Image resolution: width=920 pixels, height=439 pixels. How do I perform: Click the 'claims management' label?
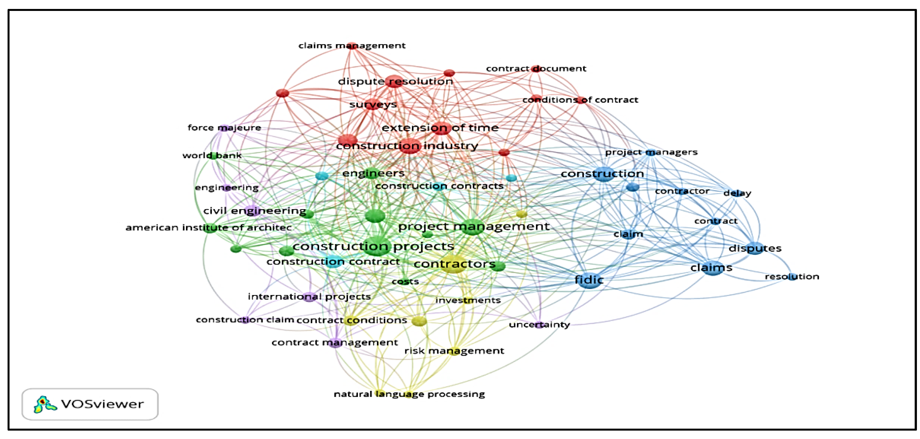[x=352, y=46]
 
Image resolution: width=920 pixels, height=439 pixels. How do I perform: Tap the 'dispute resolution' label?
[x=395, y=81]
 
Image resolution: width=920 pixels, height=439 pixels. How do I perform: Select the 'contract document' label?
[x=536, y=69]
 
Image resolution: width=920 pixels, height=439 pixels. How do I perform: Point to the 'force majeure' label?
[x=224, y=128]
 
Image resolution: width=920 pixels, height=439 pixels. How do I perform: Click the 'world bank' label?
[x=212, y=156]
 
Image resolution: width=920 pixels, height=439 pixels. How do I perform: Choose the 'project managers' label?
[x=651, y=152]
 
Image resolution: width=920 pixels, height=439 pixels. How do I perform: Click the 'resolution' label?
[x=792, y=277]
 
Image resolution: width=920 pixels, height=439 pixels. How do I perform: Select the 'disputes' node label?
[x=755, y=248]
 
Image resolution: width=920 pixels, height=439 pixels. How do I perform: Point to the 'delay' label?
[x=737, y=193]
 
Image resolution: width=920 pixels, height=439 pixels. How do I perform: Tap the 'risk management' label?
[x=454, y=351]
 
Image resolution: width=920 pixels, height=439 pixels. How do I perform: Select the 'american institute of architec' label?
[x=209, y=228]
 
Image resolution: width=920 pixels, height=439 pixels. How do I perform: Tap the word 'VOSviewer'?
[x=103, y=404]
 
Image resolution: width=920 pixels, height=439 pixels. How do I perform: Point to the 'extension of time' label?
[x=440, y=128]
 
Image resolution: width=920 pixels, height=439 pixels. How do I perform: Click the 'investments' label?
[x=468, y=300]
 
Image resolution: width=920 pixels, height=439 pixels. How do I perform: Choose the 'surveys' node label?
[x=373, y=105]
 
